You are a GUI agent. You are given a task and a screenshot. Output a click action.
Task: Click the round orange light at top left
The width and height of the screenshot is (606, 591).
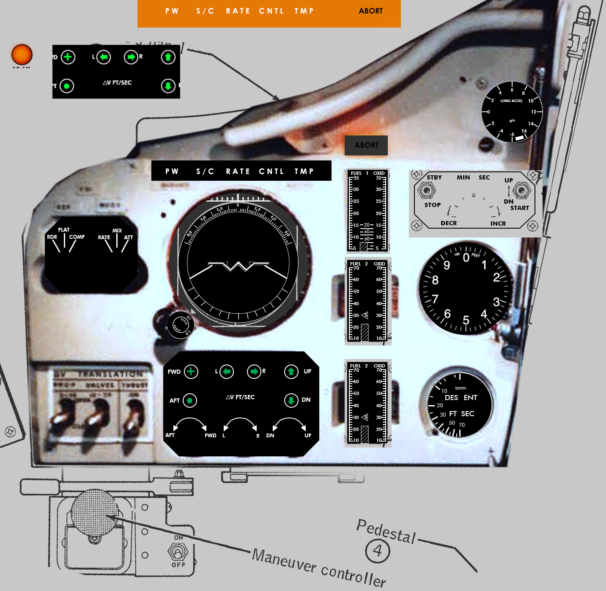pos(22,55)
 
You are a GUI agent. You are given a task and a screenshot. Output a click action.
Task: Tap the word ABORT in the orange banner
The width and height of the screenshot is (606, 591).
pos(370,11)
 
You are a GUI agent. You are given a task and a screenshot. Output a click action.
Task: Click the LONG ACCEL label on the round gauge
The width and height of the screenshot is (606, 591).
pos(511,101)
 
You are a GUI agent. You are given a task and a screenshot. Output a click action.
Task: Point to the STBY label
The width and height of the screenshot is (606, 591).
pos(434,177)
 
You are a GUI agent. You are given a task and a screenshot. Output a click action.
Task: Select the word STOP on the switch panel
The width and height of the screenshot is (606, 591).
pos(433,205)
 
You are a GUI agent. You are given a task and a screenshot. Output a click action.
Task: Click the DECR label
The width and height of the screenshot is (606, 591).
pos(449,223)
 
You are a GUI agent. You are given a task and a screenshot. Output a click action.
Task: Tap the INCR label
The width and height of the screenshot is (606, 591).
pos(498,224)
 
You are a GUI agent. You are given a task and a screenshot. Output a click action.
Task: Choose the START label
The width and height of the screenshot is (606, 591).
pos(519,208)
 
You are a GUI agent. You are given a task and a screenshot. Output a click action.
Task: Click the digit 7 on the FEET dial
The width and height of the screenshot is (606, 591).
pos(435,299)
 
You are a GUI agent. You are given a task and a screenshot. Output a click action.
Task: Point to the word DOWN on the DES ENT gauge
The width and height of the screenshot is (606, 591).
pos(461,388)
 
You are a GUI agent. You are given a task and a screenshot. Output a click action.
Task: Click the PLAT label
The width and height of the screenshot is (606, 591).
pos(64,230)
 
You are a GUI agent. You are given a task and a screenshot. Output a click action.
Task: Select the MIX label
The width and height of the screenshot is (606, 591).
pos(117,231)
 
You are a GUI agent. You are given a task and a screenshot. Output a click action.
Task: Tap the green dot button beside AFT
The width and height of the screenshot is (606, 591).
pos(190,400)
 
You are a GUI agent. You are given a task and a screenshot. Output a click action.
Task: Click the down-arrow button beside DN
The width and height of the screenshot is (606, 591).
pos(291,400)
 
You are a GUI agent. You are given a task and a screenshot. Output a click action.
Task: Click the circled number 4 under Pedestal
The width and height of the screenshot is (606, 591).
pos(377,551)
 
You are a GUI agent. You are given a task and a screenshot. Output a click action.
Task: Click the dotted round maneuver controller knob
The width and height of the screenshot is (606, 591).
pos(94,512)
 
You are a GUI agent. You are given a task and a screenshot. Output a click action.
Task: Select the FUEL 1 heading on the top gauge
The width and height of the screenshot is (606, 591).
pos(359,173)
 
